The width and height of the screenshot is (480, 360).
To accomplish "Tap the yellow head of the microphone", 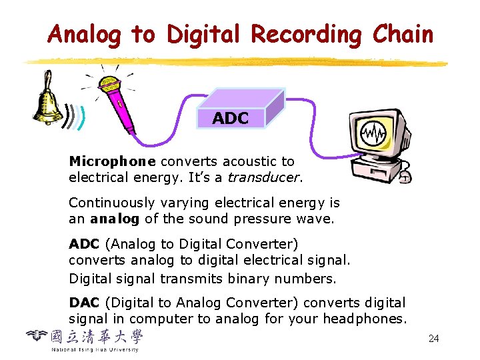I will point(109,85).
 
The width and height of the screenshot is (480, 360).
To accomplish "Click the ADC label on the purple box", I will point(231,119).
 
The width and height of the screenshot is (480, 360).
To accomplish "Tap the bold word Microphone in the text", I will point(113,161).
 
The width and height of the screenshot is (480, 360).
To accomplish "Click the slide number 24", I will point(434,339).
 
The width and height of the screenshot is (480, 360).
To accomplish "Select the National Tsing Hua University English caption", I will point(95,349).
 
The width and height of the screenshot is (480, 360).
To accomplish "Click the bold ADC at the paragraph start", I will point(84,244).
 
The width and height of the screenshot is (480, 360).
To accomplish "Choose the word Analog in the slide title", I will point(84,34).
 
